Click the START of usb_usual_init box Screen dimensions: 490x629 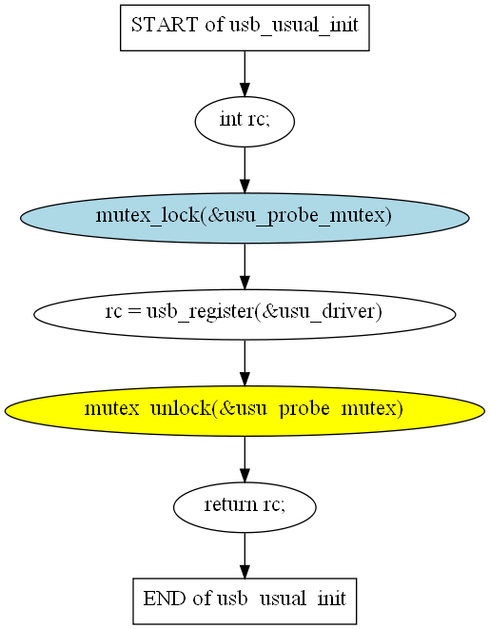coord(245,28)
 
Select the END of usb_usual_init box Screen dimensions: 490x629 coord(245,600)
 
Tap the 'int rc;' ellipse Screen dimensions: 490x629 coord(245,122)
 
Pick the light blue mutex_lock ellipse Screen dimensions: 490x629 coord(245,218)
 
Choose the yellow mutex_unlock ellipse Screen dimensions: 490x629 coord(245,411)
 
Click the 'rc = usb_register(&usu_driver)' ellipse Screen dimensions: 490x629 coord(245,314)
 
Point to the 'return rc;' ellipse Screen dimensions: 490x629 coord(245,507)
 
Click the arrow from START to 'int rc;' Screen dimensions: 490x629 coord(245,74)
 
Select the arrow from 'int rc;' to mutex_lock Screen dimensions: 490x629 coord(245,169)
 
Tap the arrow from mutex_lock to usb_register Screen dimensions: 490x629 coord(245,266)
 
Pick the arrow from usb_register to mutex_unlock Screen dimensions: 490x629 coord(245,364)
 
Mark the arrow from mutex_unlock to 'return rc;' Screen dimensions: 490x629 coord(245,460)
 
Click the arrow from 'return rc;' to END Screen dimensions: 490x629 coord(245,556)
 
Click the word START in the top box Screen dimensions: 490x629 coord(165,25)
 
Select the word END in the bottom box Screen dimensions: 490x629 coord(165,599)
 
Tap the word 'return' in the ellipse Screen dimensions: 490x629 coord(230,504)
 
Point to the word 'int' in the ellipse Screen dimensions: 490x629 coord(231,119)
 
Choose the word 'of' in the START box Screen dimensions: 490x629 coord(214,25)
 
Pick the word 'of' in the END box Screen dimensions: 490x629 coord(202,599)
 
